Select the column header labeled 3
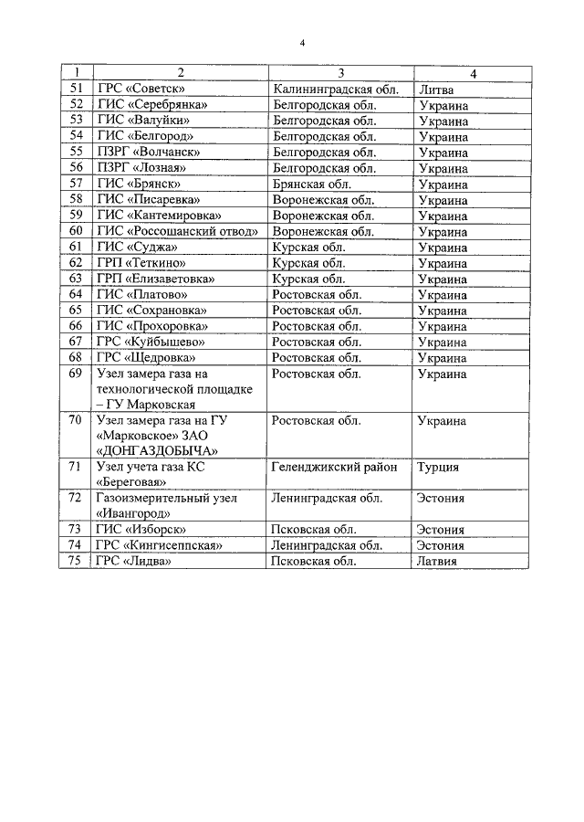pyautogui.click(x=340, y=73)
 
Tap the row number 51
pyautogui.click(x=77, y=89)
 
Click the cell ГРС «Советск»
pyautogui.click(x=141, y=89)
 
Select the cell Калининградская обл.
pyautogui.click(x=332, y=89)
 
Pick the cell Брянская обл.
pyautogui.click(x=309, y=184)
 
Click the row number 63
pyautogui.click(x=77, y=279)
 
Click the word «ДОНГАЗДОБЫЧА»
pyautogui.click(x=156, y=451)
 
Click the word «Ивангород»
pyautogui.click(x=134, y=513)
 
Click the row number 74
pyautogui.click(x=77, y=545)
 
